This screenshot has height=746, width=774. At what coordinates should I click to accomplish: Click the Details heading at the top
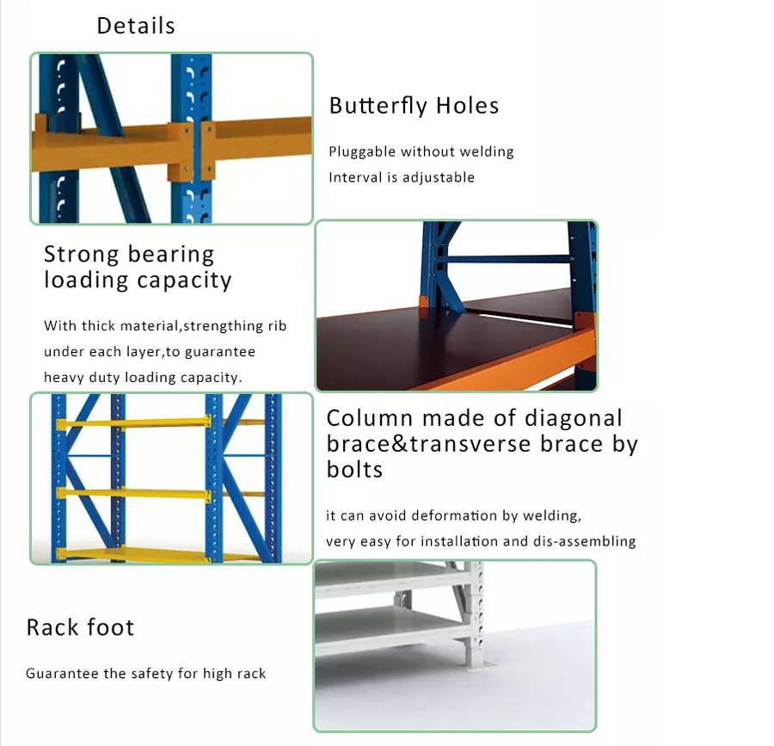(x=136, y=26)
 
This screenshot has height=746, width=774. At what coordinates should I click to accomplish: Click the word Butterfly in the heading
(x=378, y=106)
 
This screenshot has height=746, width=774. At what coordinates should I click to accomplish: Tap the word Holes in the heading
(x=467, y=106)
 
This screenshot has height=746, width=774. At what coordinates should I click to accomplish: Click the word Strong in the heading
(x=82, y=255)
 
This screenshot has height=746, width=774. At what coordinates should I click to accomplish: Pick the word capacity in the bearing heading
(x=184, y=281)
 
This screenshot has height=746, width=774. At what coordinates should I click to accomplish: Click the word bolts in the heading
(x=354, y=470)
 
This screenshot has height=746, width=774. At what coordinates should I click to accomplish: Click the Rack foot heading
(x=80, y=627)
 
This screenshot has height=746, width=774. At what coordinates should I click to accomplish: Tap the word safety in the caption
(x=151, y=674)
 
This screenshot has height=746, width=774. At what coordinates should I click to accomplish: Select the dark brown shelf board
(x=445, y=341)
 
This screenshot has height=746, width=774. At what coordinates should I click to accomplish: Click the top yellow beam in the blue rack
(x=134, y=423)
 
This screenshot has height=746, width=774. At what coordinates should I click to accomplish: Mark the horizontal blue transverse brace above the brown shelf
(x=503, y=259)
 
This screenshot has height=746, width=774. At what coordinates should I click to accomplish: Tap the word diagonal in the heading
(x=573, y=418)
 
